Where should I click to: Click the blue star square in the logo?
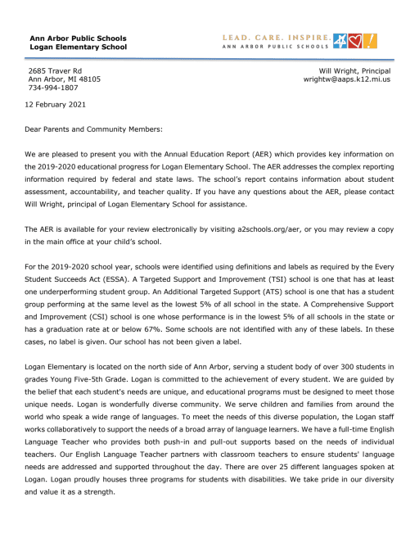tap(340, 40)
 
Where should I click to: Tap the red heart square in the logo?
tap(355, 40)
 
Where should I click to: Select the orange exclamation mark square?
tap(370, 40)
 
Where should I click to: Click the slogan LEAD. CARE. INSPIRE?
tap(277, 37)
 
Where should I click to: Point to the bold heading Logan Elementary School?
tap(78, 47)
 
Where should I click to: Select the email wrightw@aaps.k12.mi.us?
tap(347, 79)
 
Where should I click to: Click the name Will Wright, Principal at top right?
tap(354, 71)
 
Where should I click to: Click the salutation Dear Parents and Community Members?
tap(96, 129)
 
